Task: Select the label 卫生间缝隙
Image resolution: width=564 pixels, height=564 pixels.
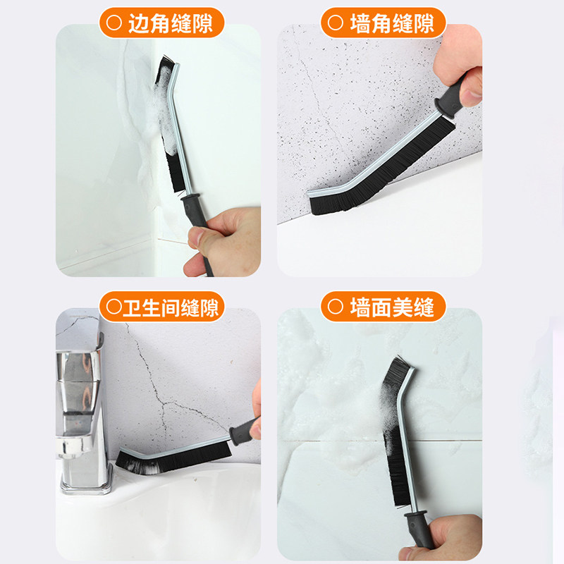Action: click(x=171, y=307)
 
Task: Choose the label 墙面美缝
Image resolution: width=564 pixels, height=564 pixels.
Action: click(x=392, y=307)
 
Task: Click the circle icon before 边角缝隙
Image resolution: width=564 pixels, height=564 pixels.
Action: click(x=113, y=24)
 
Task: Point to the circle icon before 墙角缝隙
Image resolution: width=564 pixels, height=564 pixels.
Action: click(x=335, y=24)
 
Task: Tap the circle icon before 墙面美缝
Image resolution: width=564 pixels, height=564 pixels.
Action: click(x=335, y=307)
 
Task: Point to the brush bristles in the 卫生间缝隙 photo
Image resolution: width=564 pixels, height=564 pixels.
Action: click(x=169, y=458)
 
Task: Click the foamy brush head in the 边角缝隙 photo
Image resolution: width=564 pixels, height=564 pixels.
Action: click(x=167, y=106)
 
